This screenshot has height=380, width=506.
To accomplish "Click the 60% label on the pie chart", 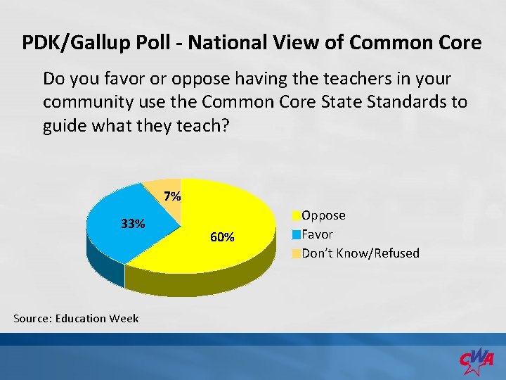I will coord(222,237).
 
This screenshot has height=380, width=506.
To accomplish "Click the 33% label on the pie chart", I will coord(133,224).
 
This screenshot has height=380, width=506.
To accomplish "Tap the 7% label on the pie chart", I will coord(171,196).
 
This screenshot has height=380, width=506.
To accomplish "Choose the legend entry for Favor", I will coord(317,234).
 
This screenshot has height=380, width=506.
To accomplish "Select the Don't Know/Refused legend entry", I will coord(360,253).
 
